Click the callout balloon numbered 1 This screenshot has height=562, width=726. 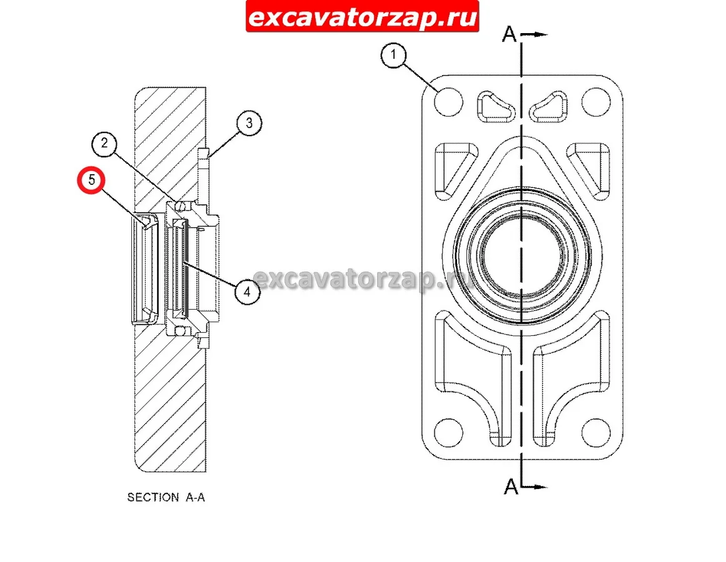click(393, 56)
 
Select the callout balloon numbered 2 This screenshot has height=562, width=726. click(104, 143)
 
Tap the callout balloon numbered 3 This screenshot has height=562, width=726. click(249, 123)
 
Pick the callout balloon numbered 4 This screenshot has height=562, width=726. click(247, 292)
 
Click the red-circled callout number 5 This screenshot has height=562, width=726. click(91, 180)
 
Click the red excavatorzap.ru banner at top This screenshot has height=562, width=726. click(362, 17)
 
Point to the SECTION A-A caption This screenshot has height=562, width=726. click(166, 497)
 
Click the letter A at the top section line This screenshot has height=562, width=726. click(509, 34)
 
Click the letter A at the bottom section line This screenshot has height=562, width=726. click(511, 486)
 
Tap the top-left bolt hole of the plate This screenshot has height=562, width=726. click(448, 101)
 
